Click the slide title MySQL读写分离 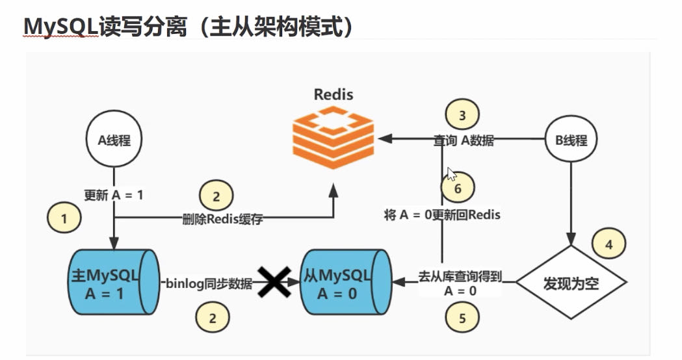point(189,27)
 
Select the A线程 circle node point(114,139)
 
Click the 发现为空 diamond point(571,282)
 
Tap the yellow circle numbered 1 point(64,219)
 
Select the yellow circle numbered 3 point(462,116)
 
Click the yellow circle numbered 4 point(609,245)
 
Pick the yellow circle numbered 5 point(462,318)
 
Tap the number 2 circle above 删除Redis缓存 point(216,196)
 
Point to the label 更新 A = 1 point(114,195)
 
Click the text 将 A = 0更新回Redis point(442,214)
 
